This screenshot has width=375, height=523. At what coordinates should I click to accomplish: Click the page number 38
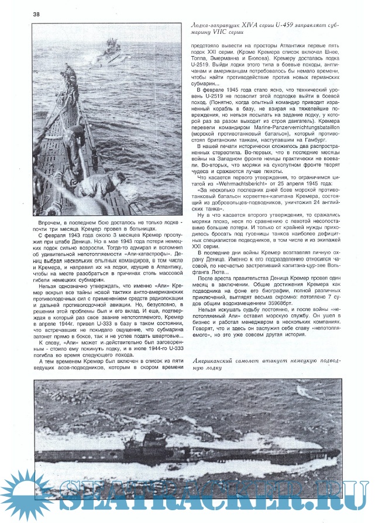(20, 14)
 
